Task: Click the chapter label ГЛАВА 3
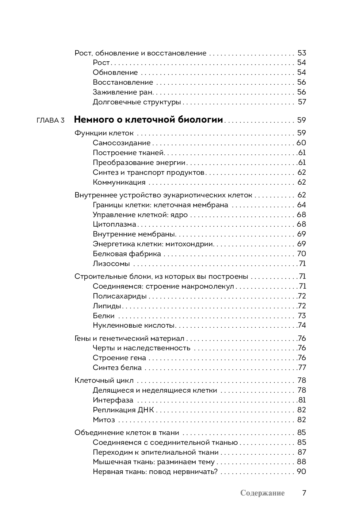tap(50, 120)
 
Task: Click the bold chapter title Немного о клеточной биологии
tap(149, 120)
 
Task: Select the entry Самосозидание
tap(122, 143)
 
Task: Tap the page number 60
tap(301, 143)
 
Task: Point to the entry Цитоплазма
tap(114, 224)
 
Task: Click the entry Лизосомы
tap(111, 264)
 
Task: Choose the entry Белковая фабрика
tap(127, 254)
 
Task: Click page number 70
tap(302, 254)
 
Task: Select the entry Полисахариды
tap(120, 296)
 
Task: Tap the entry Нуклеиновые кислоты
tap(134, 325)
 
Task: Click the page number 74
tap(302, 325)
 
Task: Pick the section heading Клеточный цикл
tap(104, 381)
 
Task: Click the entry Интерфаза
tap(113, 400)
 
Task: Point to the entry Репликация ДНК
tap(123, 410)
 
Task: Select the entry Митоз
tap(104, 420)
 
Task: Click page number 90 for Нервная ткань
tap(302, 472)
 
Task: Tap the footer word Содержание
tap(262, 493)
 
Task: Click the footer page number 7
tap(304, 493)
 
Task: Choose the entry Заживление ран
tap(123, 92)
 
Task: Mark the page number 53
tap(302, 53)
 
